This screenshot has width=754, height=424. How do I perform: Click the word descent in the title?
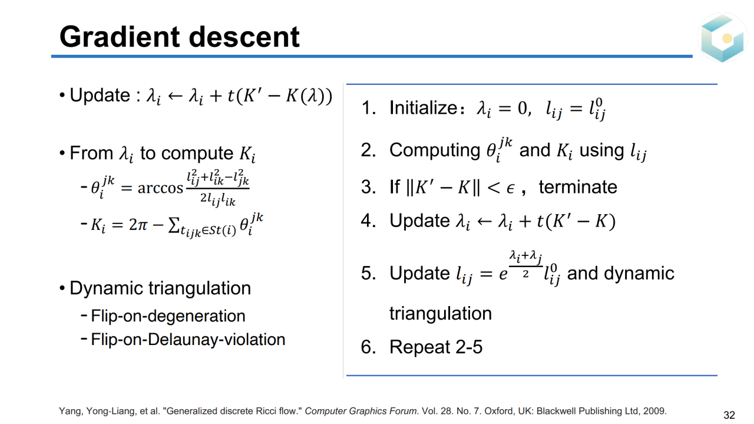pos(244,37)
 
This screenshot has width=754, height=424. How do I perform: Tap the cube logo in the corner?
pos(722,38)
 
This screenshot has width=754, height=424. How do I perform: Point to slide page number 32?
pos(729,415)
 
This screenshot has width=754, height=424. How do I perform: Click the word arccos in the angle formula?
pos(160,188)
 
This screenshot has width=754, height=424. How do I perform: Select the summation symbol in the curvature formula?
pos(173,225)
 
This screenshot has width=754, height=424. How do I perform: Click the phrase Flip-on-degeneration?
pos(168,316)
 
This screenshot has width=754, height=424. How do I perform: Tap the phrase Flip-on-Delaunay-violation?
pos(188,340)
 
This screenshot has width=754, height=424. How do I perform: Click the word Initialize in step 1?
pos(423,108)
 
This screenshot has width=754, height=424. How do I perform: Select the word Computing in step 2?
pos(435,150)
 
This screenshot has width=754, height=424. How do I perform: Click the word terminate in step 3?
pos(578,187)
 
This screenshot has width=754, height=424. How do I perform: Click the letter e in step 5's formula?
pos(503,274)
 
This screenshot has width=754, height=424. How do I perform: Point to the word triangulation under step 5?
pos(441,314)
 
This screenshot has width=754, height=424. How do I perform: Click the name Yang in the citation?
pos(70,411)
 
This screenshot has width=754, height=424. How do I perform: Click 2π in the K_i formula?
pos(138,225)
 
